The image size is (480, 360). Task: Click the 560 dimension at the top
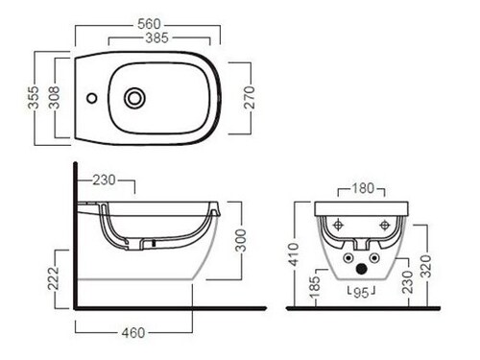149,24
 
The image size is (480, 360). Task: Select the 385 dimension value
156,38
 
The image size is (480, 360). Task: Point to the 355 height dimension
33,97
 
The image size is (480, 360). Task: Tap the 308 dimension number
54,97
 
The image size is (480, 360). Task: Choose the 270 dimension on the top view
250,97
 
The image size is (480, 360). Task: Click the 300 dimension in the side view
240,240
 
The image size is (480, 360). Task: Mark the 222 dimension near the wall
54,277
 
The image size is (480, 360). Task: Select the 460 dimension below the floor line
133,333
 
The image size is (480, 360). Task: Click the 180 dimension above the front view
363,188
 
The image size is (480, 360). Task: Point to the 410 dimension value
294,254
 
